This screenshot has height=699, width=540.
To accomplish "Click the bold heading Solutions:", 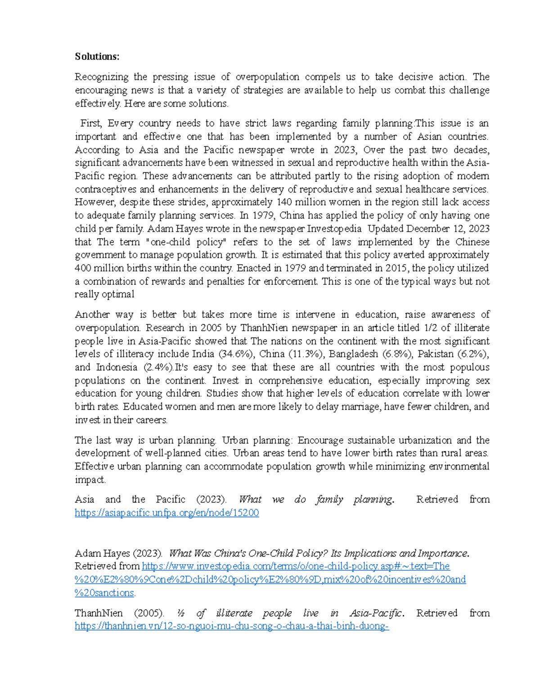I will coord(97,57).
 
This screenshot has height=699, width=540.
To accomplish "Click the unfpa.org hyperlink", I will coord(166,513).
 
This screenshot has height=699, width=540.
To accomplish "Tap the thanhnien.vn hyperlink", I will coord(231,626).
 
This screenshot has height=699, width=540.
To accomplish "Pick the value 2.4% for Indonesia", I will coord(157,367).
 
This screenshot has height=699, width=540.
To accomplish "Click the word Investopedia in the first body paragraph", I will coord(334,229).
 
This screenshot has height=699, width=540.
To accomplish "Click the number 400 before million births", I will coord(82,268).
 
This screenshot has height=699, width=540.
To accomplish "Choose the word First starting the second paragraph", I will coord(91,123).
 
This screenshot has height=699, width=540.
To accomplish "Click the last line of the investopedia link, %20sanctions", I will coord(104,593).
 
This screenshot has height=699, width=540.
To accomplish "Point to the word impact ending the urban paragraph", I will coord(89,480).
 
